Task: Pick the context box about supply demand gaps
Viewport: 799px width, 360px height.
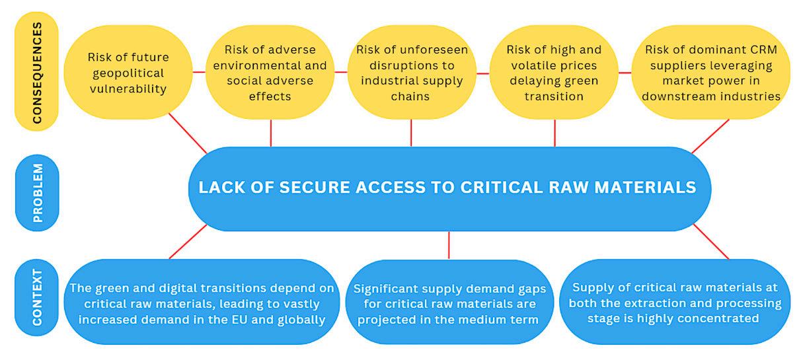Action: click(449, 304)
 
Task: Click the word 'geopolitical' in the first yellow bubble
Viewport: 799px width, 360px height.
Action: click(126, 72)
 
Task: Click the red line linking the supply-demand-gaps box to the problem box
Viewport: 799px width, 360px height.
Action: click(449, 244)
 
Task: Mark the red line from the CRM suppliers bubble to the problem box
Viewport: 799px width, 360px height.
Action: click(710, 136)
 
